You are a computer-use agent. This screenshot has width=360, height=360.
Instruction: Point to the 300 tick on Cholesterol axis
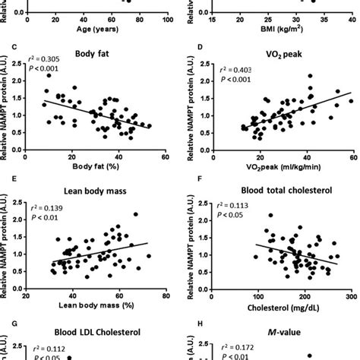coord(352,296)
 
